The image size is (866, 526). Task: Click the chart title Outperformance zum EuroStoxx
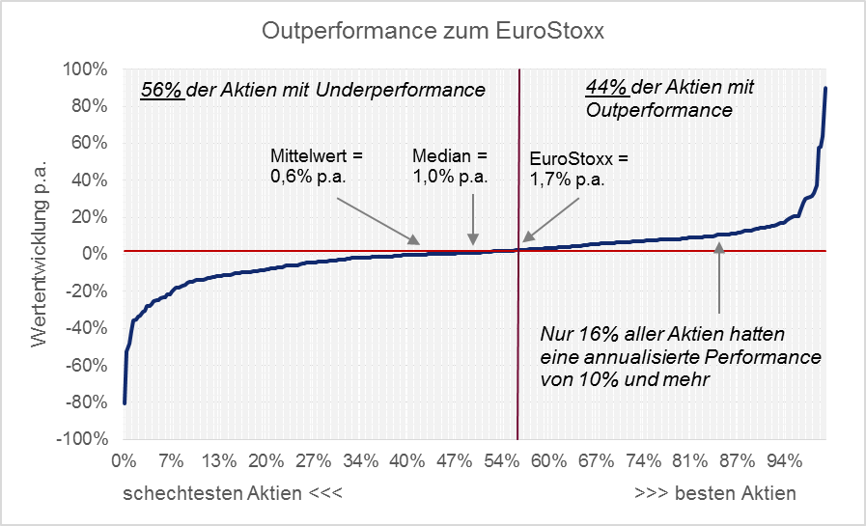(433, 32)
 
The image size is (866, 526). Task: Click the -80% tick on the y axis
(85, 401)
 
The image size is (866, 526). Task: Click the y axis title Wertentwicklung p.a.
(41, 254)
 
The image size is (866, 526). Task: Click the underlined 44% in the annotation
(606, 87)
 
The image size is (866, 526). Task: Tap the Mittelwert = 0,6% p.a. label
(316, 166)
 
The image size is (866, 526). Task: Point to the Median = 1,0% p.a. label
(450, 166)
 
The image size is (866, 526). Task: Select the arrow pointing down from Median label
(473, 218)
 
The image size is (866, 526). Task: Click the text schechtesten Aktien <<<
(233, 493)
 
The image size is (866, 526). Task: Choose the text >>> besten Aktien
(715, 493)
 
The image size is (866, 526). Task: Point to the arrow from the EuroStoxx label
(551, 220)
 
